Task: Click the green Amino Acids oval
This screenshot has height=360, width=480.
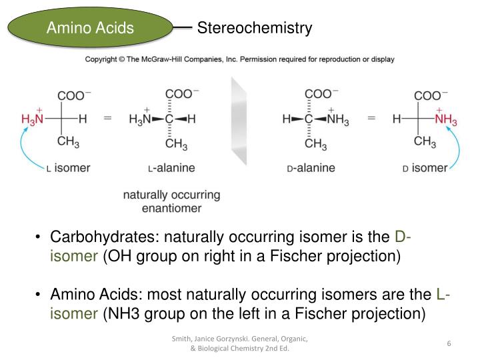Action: [x=90, y=28]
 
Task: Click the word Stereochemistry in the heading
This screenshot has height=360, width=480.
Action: [x=255, y=28]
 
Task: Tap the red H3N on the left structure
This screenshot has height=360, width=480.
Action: [x=33, y=120]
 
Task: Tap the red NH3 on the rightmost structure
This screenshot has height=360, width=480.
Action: [x=445, y=120]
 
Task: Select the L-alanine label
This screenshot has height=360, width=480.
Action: [x=171, y=168]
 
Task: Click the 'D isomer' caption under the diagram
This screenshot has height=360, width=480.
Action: [x=425, y=168]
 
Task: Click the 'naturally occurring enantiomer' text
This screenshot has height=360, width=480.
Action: [x=171, y=201]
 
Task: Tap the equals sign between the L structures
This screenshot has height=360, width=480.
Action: [x=107, y=119]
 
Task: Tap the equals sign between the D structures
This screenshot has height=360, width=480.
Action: [x=371, y=119]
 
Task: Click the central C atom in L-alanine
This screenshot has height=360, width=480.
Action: [x=169, y=120]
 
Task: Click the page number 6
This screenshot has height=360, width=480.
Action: [x=449, y=343]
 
